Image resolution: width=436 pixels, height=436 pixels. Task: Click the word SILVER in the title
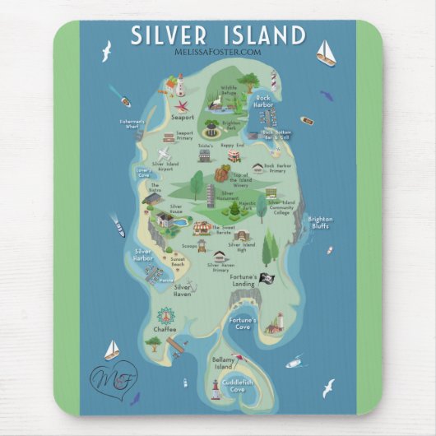(x=169, y=35)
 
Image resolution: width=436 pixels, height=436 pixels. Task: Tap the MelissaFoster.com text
(x=217, y=52)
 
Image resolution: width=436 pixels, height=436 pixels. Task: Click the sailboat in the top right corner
(x=326, y=52)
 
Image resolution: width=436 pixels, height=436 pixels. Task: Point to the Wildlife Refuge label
(x=228, y=89)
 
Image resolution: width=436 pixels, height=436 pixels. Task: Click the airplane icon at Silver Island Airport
(x=165, y=154)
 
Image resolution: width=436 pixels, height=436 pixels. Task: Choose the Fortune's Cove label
(x=244, y=322)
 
